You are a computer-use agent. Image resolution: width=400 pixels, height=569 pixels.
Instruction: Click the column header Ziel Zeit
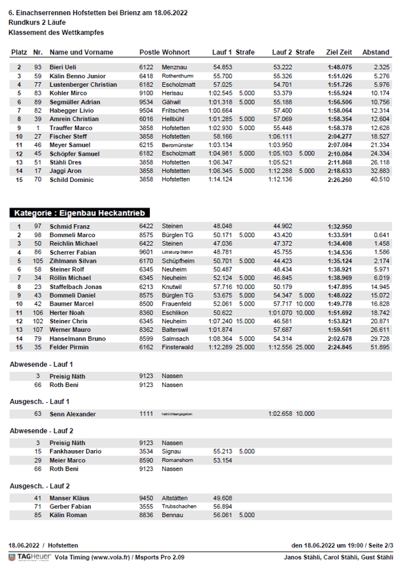pyautogui.click(x=339, y=52)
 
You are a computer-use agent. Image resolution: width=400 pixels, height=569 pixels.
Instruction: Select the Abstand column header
pyautogui.click(x=376, y=52)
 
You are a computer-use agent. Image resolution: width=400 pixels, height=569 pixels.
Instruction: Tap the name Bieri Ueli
pyautogui.click(x=63, y=67)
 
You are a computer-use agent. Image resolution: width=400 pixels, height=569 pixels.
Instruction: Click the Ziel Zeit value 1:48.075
pyautogui.click(x=340, y=67)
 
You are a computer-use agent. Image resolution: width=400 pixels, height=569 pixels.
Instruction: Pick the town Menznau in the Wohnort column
pyautogui.click(x=173, y=67)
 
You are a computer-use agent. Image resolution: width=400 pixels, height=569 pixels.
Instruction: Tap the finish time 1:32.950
pyautogui.click(x=340, y=226)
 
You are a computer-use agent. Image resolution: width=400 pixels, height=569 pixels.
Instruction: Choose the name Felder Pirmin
pyautogui.click(x=70, y=346)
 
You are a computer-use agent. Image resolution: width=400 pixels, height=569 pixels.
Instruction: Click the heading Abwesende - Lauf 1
pyautogui.click(x=41, y=363)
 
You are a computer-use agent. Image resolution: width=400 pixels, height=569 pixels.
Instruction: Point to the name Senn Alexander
pyautogui.click(x=73, y=414)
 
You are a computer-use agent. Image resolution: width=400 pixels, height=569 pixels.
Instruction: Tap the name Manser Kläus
pyautogui.click(x=70, y=498)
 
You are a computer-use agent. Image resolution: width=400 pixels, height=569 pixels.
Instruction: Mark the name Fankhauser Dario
pyautogui.click(x=76, y=451)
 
